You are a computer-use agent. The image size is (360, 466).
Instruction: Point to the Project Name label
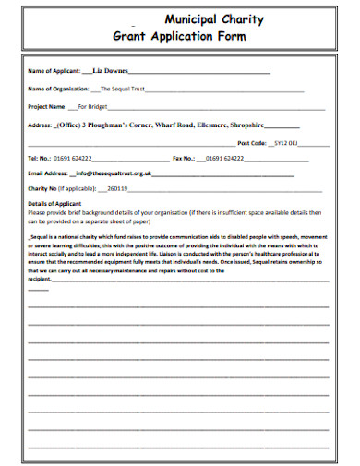pos(48,106)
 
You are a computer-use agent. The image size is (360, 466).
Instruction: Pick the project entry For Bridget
pos(92,106)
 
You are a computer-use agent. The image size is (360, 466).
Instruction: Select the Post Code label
pos(252,143)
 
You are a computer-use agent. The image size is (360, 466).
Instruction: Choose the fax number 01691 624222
pos(225,158)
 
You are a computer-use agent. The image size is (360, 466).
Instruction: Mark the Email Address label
pos(48,173)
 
